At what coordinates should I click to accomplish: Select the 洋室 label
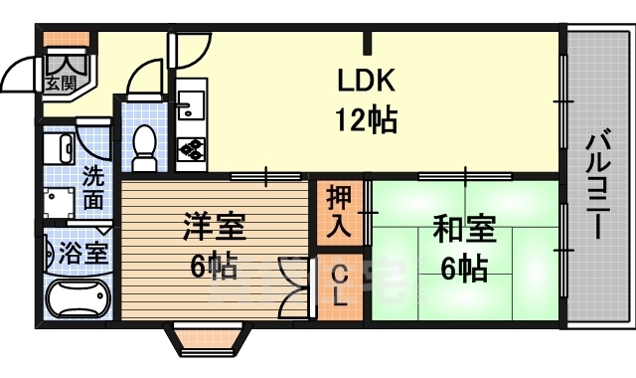(x=214, y=228)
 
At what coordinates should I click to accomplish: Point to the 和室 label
(x=464, y=230)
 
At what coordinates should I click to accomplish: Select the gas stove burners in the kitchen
(x=191, y=149)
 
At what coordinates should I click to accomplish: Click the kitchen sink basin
(x=191, y=105)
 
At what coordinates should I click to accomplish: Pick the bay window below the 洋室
(x=208, y=339)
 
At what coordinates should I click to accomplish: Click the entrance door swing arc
(x=22, y=75)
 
